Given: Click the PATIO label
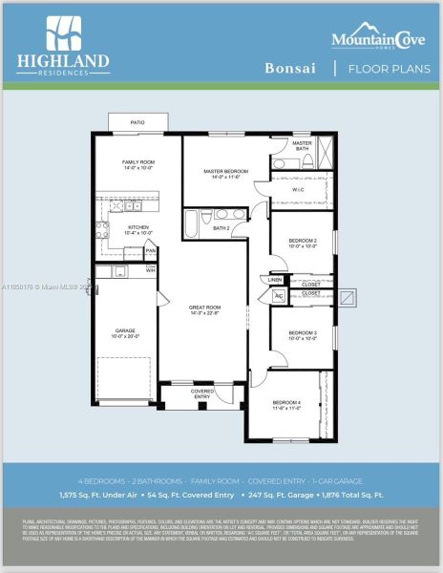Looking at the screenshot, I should tap(137, 123).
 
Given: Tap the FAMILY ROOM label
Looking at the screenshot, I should tap(137, 165).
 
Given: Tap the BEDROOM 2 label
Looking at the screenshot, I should tap(302, 243).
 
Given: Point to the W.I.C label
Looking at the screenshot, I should tap(299, 190).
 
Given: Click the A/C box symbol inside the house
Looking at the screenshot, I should tap(278, 297).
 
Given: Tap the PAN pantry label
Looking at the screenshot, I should tap(150, 251).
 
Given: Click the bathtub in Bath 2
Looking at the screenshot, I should tap(191, 227).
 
